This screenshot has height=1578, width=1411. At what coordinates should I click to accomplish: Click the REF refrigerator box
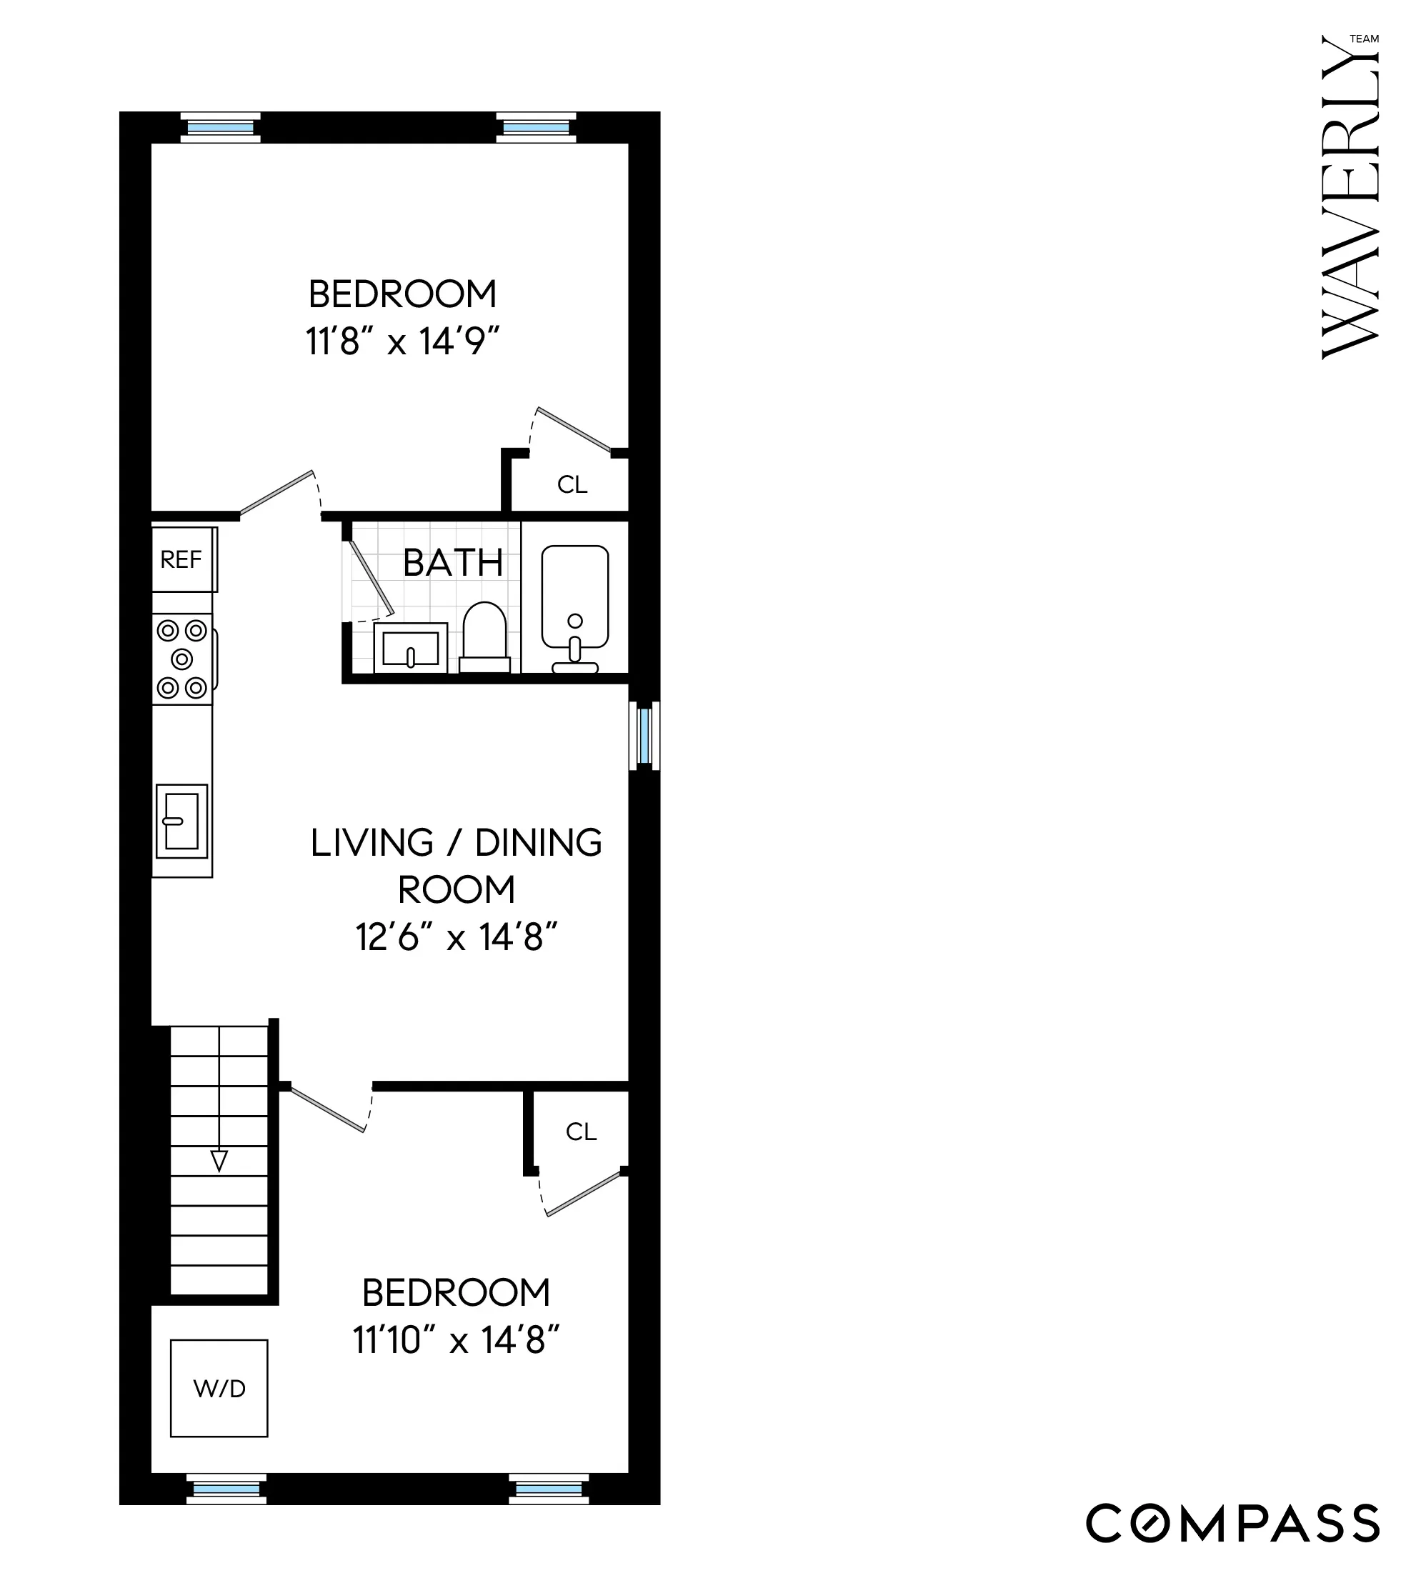pyautogui.click(x=182, y=559)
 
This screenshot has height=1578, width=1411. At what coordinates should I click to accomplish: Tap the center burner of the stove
pyautogui.click(x=182, y=659)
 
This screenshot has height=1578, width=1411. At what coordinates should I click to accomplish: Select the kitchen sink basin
pyautogui.click(x=181, y=822)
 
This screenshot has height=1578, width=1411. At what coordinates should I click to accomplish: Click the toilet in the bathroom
pyautogui.click(x=484, y=634)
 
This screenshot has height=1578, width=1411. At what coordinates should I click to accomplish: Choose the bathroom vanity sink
pyautogui.click(x=411, y=648)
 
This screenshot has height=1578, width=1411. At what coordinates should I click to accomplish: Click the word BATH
pyautogui.click(x=453, y=563)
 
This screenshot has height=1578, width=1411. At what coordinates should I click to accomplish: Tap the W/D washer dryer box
pyautogui.click(x=219, y=1388)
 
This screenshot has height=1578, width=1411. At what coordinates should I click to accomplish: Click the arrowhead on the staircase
pyautogui.click(x=219, y=1160)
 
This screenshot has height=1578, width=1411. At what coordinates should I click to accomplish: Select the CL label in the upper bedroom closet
pyautogui.click(x=572, y=485)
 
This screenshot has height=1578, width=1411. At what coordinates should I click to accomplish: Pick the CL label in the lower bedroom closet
pyautogui.click(x=581, y=1132)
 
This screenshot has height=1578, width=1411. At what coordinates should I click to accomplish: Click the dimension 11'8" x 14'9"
pyautogui.click(x=402, y=341)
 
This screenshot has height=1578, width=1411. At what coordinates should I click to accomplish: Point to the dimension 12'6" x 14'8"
pyautogui.click(x=457, y=937)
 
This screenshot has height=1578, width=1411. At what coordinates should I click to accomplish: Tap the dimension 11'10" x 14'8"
pyautogui.click(x=456, y=1339)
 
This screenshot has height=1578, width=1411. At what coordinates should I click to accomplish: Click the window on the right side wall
pyautogui.click(x=644, y=736)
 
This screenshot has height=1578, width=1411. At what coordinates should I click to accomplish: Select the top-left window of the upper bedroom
pyautogui.click(x=220, y=128)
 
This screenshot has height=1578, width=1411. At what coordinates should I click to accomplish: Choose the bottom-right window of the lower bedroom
pyautogui.click(x=549, y=1489)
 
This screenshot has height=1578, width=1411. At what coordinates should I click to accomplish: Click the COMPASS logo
pyautogui.click(x=1232, y=1523)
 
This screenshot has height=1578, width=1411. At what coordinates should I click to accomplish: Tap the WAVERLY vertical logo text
pyautogui.click(x=1350, y=198)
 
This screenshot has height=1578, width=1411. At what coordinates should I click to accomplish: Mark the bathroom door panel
pyautogui.click(x=371, y=575)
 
